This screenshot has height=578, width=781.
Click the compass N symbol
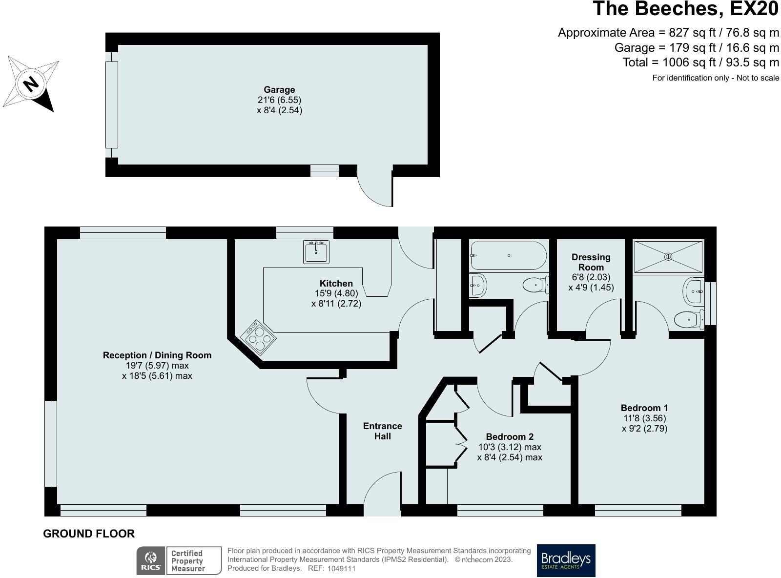pyautogui.click(x=31, y=84)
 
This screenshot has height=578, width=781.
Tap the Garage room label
pyautogui.click(x=279, y=90)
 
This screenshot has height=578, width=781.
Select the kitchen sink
pyautogui.click(x=316, y=252)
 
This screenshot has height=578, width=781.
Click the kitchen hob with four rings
pyautogui.click(x=258, y=337)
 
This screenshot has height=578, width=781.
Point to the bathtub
pyautogui.click(x=509, y=256)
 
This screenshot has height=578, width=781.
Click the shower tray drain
pyautogui.click(x=668, y=257)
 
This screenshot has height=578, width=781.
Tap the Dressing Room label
pyautogui.click(x=591, y=262)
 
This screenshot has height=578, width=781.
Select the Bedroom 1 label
pyautogui.click(x=644, y=408)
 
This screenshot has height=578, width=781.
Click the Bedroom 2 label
pyautogui.click(x=510, y=437)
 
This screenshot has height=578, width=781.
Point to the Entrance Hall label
pyautogui.click(x=382, y=431)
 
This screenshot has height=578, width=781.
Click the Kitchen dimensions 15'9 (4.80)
pyautogui.click(x=336, y=293)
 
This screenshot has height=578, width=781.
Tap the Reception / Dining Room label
pyautogui.click(x=157, y=355)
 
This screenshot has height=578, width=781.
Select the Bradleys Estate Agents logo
pyautogui.click(x=566, y=560)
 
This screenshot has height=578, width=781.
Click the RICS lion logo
pyautogui.click(x=151, y=560)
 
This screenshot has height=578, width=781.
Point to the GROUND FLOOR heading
pyautogui.click(x=89, y=534)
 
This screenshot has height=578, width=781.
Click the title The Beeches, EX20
pyautogui.click(x=686, y=9)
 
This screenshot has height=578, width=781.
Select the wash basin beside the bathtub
pyautogui.click(x=478, y=285)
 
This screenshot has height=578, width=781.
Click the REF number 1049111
pyautogui.click(x=341, y=569)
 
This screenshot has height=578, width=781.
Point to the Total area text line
pyautogui.click(x=701, y=62)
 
